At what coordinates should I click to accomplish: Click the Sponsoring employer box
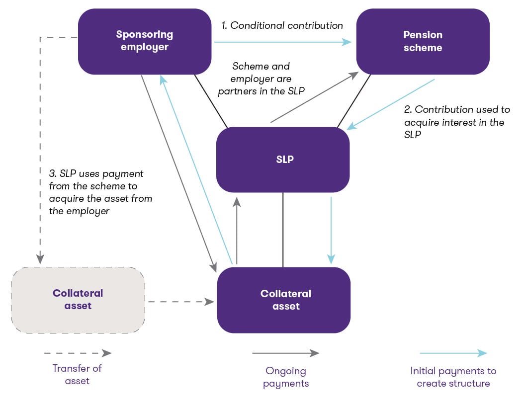[145, 41]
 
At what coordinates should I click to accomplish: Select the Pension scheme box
[423, 41]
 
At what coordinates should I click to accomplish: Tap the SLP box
[283, 160]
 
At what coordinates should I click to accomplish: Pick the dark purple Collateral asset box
[284, 300]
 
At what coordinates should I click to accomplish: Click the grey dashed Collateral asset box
[78, 300]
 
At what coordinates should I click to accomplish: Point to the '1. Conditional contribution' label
[282, 25]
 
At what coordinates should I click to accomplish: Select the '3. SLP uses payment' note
[100, 192]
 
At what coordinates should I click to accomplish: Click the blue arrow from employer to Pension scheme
[282, 42]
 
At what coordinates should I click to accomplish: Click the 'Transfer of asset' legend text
[77, 375]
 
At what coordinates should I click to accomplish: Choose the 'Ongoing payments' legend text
[285, 377]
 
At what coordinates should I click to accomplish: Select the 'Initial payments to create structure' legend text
[453, 377]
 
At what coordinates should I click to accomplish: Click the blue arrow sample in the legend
[453, 353]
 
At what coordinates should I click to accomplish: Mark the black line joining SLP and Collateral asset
[283, 230]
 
